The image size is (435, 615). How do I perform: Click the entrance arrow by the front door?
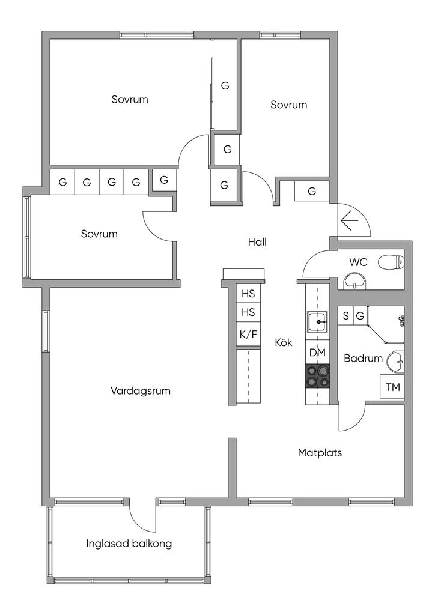349,221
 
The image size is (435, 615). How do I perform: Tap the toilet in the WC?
396,262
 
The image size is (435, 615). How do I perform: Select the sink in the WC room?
354,280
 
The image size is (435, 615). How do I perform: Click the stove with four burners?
317,376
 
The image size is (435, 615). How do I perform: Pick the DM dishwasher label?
317,353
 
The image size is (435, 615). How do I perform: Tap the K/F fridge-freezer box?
248,334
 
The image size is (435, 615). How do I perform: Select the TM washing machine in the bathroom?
392,387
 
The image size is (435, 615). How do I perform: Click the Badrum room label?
363,359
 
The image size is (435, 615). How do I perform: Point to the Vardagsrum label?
141,391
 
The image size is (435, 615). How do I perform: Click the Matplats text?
320,453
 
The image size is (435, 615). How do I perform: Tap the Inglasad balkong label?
129,544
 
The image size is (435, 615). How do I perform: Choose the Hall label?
257,242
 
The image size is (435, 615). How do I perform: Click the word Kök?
284,343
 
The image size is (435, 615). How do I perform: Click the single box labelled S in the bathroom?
345,315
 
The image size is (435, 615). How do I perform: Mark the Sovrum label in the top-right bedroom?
288,105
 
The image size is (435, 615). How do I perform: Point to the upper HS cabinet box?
248,294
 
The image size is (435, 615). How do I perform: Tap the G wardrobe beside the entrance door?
312,192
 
